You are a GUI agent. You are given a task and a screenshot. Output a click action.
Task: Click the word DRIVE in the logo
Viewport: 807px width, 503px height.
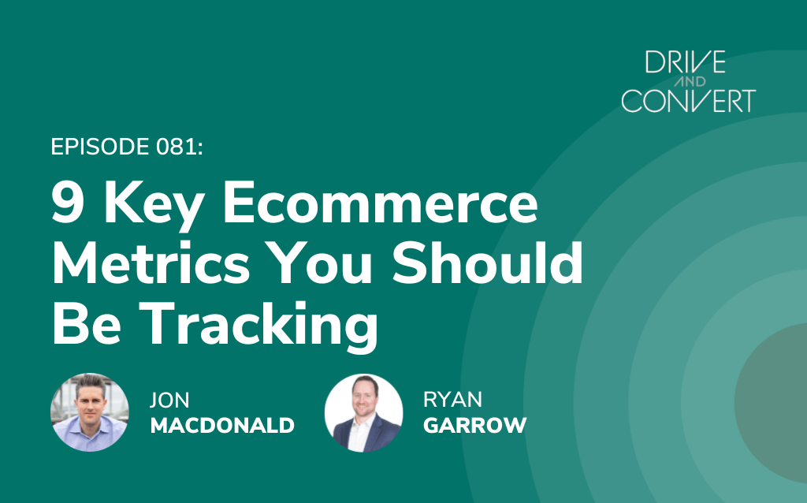(x=685, y=61)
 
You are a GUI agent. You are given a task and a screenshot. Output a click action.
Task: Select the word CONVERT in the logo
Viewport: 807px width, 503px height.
(x=689, y=100)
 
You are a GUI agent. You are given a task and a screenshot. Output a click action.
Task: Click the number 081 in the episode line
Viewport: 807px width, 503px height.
(x=179, y=147)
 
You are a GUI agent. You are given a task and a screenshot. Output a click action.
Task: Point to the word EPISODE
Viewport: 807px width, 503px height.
(x=100, y=147)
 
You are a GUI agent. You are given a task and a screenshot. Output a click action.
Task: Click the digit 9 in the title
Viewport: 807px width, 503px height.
(x=68, y=203)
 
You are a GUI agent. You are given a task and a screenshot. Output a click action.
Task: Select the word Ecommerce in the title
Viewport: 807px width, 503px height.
(x=381, y=203)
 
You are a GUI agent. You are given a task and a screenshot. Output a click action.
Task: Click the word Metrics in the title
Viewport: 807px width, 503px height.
(x=151, y=263)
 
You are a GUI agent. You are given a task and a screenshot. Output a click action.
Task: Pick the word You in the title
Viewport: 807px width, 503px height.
(x=320, y=263)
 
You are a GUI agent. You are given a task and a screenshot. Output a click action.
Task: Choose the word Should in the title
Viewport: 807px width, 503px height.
(x=487, y=263)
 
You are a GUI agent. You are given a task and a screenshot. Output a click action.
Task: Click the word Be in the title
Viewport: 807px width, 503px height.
(x=86, y=322)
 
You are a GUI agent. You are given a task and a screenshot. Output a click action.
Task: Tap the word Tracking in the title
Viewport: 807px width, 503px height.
(x=258, y=326)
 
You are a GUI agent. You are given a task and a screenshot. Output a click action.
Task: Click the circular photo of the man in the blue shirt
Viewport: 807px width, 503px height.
(x=90, y=412)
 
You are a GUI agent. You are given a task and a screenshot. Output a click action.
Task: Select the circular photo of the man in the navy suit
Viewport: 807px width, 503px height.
(x=364, y=413)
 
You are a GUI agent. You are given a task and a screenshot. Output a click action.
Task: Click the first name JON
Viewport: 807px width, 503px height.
(x=170, y=400)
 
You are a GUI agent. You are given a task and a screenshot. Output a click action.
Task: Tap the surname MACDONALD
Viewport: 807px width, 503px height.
(x=222, y=425)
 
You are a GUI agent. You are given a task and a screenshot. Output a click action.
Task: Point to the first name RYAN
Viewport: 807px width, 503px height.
(x=453, y=400)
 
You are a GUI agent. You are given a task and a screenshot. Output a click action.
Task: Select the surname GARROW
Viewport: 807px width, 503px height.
(x=475, y=425)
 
